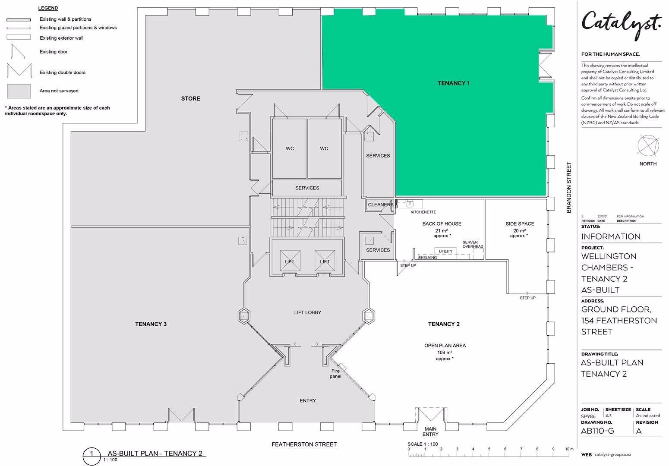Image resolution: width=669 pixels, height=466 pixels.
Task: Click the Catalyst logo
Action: click(x=621, y=25)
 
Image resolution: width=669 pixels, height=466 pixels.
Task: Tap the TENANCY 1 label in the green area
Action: click(x=453, y=83)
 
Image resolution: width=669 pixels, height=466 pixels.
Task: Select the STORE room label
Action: click(x=190, y=98)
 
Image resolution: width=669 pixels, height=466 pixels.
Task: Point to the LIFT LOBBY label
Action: click(x=308, y=312)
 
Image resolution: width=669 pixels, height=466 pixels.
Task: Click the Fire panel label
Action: click(x=335, y=374)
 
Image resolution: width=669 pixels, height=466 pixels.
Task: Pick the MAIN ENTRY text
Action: click(x=430, y=431)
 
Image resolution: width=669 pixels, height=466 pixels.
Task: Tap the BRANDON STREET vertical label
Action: click(x=569, y=187)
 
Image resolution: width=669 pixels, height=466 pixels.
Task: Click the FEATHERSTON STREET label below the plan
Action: click(x=304, y=444)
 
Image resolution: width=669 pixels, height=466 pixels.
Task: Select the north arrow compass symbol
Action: click(x=648, y=146)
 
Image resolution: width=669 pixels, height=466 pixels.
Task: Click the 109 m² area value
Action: click(x=445, y=352)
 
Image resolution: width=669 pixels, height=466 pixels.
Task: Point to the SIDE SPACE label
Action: click(x=520, y=224)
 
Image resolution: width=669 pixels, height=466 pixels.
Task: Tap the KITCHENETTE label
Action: click(x=423, y=212)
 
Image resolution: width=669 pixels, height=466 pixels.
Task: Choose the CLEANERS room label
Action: click(x=381, y=205)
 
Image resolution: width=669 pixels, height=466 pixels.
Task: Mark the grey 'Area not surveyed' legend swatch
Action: click(x=19, y=91)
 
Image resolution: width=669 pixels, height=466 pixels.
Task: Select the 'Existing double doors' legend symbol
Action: click(x=19, y=70)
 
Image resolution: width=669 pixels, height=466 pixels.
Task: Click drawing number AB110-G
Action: click(x=598, y=431)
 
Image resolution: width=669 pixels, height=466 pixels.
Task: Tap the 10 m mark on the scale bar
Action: click(x=569, y=449)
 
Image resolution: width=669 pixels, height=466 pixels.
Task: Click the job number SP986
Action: click(x=588, y=416)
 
